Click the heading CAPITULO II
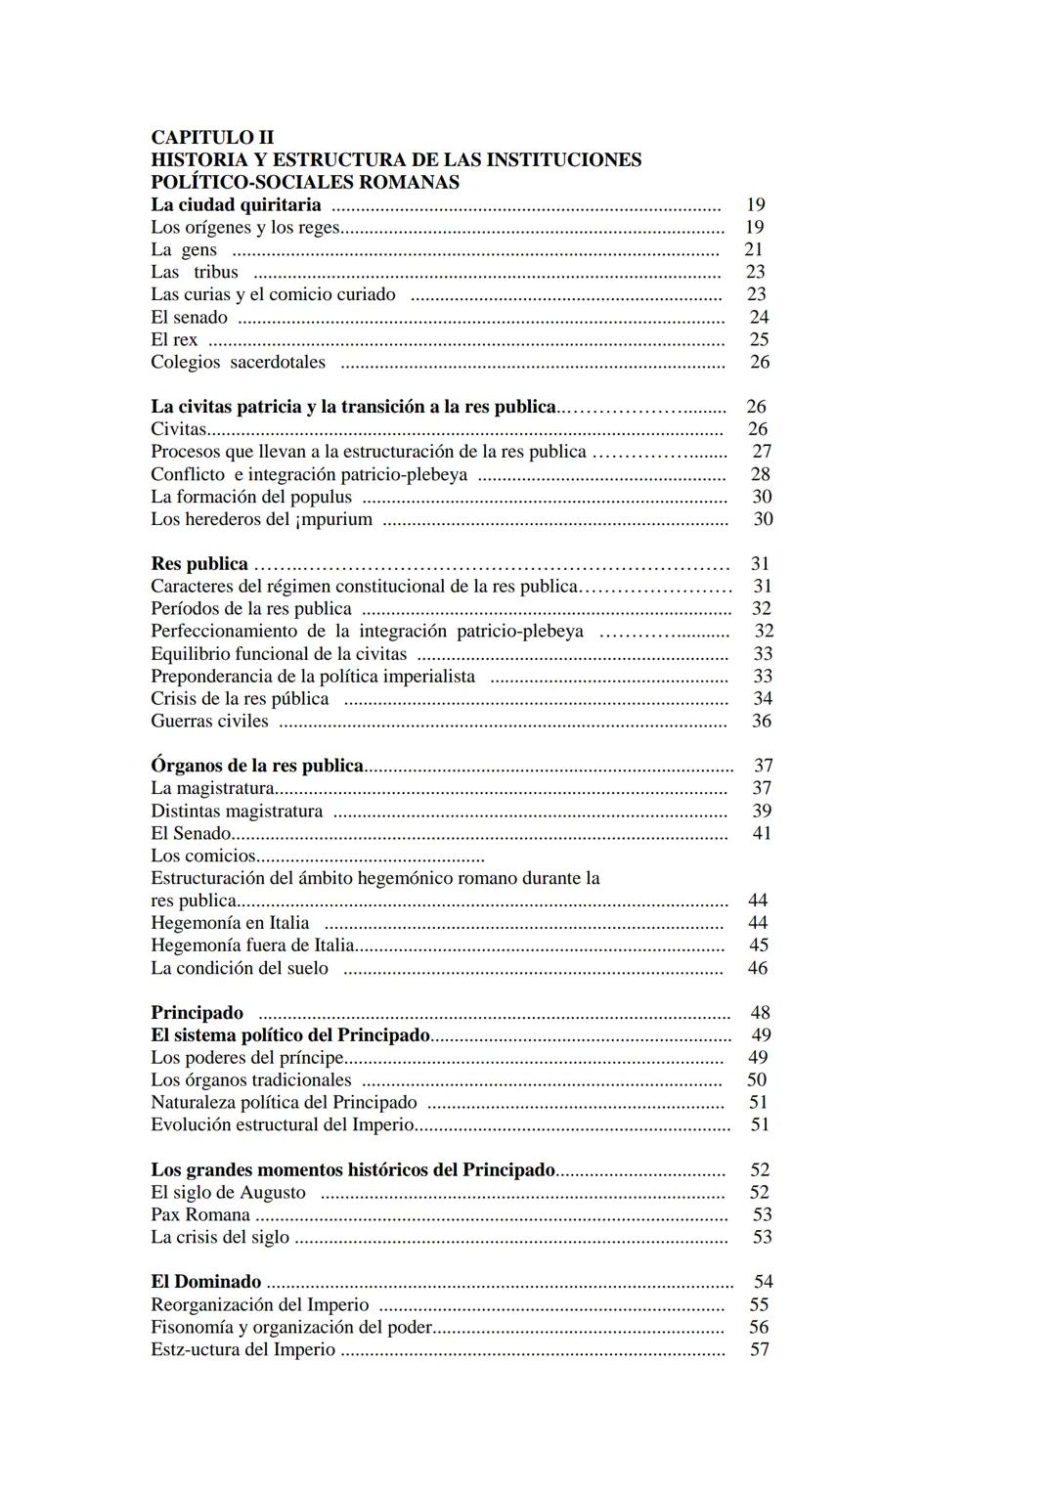coord(212,137)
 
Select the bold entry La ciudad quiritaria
coord(236,204)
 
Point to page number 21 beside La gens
coord(753,249)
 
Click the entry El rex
coord(174,339)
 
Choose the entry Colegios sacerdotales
coord(238,362)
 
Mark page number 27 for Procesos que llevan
coord(762,451)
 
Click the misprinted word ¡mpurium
coord(333,519)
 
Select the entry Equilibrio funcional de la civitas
coord(279,653)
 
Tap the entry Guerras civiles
coord(209,721)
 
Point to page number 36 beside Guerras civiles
coord(762,721)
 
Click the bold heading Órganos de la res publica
coord(257,766)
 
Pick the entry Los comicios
coord(203,856)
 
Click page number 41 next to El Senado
coord(762,833)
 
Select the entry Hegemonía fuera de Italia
coord(252,945)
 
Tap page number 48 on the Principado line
coord(760,1013)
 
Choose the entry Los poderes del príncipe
coord(247,1057)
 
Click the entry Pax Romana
coord(200,1214)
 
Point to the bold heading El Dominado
coord(206,1282)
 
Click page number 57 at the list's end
coord(760,1349)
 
